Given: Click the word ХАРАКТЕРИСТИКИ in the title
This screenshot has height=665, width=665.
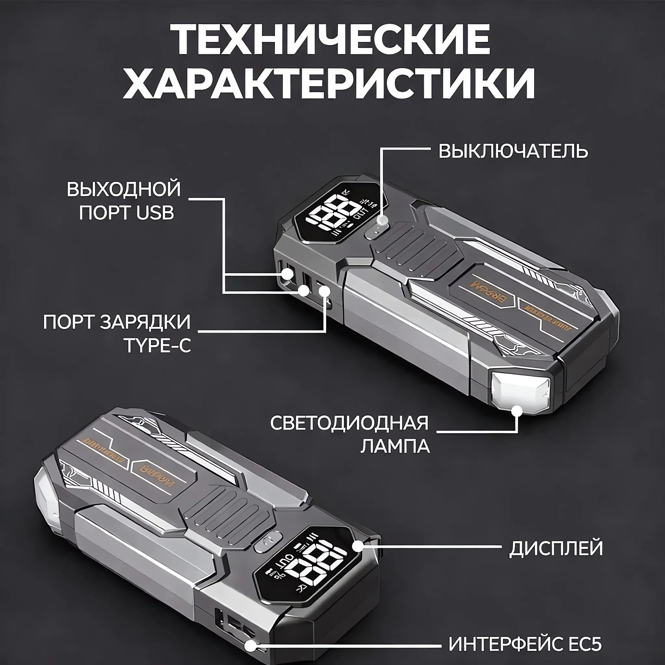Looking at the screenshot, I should pos(329,84).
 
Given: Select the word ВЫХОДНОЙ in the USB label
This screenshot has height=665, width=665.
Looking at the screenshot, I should pos(124,189).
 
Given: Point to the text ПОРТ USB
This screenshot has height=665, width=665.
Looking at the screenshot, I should pos(126,212).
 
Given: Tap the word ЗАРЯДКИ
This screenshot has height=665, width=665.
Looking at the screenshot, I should pos(145,322).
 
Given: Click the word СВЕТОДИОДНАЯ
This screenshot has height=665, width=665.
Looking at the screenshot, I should pos(349,423).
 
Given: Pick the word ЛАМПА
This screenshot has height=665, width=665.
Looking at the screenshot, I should pos(395,446).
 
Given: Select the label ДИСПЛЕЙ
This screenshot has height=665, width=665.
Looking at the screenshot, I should pos(556,548).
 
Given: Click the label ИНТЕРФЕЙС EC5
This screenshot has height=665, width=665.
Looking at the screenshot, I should pos(525,644).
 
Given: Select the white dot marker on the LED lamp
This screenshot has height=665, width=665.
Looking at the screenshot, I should pos(517,411).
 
